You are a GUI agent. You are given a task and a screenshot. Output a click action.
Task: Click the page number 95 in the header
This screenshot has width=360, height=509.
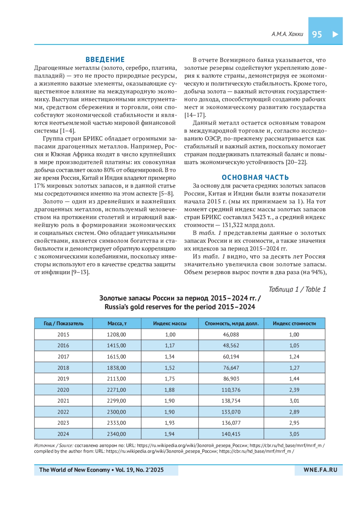(x=317, y=34)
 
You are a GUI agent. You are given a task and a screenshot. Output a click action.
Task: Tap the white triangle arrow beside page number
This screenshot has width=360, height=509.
(x=335, y=34)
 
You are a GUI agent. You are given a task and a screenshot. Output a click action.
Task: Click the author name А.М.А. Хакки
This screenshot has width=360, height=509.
(x=287, y=34)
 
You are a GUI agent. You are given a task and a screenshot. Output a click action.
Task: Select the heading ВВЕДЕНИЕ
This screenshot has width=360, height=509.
(x=105, y=59)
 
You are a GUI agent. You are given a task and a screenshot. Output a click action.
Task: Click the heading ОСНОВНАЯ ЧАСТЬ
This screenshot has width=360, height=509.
(x=255, y=177)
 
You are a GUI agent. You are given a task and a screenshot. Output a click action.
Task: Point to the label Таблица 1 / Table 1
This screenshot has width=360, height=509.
(x=297, y=289)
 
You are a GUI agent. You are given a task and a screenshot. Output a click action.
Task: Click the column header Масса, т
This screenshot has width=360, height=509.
(x=117, y=323)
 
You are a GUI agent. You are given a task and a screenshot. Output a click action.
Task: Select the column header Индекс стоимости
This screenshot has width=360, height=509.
(x=294, y=323)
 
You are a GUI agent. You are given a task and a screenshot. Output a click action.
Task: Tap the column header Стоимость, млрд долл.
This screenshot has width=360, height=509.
(x=231, y=323)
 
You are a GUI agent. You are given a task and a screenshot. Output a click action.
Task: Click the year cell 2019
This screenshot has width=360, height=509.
(x=63, y=379)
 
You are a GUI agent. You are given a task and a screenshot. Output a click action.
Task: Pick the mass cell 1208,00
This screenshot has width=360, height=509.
(x=116, y=334)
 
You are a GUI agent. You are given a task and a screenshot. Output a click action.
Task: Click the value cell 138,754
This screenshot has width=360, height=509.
(x=231, y=401)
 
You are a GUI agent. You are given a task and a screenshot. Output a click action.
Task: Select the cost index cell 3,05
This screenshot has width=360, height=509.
(x=294, y=434)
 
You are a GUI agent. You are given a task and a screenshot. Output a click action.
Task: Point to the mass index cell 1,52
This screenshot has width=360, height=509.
(x=170, y=368)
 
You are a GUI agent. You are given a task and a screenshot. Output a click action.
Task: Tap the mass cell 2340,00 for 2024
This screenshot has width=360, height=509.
(x=116, y=434)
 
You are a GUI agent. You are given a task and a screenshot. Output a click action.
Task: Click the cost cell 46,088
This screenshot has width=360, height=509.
(x=231, y=334)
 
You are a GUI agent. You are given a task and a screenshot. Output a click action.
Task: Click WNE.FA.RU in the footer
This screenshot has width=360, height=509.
(x=320, y=470)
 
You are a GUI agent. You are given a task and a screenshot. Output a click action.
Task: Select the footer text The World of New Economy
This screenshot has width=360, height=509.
(x=74, y=470)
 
